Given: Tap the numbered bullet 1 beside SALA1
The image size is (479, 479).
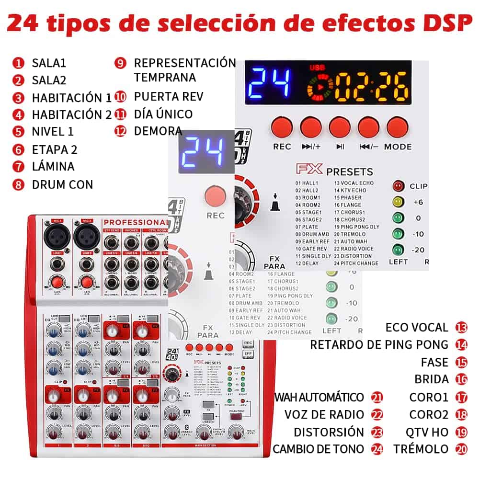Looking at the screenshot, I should pyautogui.click(x=19, y=63).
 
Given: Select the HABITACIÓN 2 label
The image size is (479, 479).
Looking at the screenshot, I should pyautogui.click(x=71, y=114).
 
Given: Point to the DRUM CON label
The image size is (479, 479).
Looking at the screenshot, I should pyautogui.click(x=62, y=184).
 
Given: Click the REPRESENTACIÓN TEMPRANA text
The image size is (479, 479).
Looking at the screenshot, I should pyautogui.click(x=184, y=70).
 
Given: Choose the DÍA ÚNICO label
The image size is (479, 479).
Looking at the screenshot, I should pyautogui.click(x=163, y=114).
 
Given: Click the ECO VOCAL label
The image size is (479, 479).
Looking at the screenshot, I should pyautogui.click(x=417, y=328).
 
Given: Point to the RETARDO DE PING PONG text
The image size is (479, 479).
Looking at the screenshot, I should pyautogui.click(x=379, y=344).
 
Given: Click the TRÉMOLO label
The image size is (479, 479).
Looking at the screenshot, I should pyautogui.click(x=421, y=449).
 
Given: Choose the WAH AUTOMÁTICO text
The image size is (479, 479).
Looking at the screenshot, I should pyautogui.click(x=319, y=397).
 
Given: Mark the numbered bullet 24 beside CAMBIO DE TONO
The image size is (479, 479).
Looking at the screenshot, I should pyautogui.click(x=377, y=449).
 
